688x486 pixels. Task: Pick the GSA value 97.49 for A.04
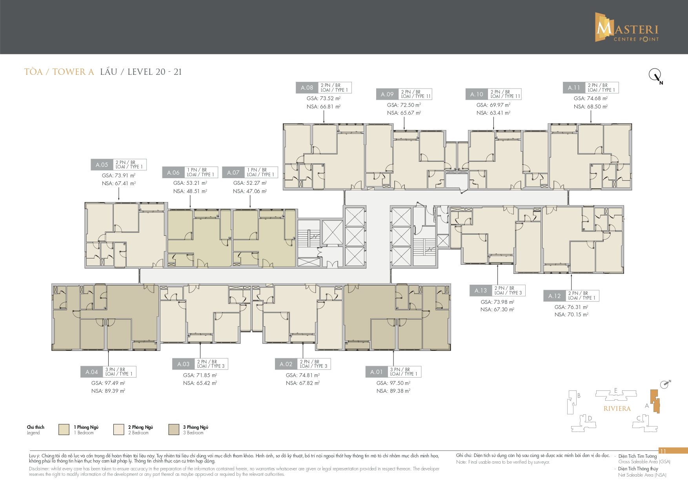(108, 383)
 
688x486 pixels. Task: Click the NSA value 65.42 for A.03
(200, 383)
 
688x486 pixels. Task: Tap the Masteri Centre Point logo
(627, 27)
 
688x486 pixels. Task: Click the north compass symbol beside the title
(655, 76)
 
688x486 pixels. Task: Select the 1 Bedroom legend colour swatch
(64, 430)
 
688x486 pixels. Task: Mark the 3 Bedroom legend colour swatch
(174, 430)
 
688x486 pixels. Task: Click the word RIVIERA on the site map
(617, 408)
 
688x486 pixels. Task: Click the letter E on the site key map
(616, 390)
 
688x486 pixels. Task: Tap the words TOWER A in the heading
(73, 72)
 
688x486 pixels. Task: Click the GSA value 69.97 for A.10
(493, 105)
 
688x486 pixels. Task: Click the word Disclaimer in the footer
(39, 469)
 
